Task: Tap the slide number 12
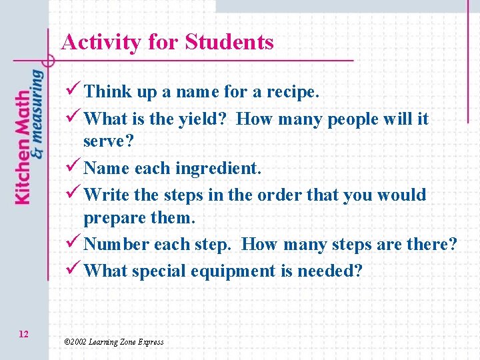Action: [x=23, y=333]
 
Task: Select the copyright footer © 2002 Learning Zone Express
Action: [x=113, y=342]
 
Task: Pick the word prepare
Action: [x=111, y=218]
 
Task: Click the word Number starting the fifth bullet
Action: [x=117, y=244]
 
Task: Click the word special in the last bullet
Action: [x=159, y=271]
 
